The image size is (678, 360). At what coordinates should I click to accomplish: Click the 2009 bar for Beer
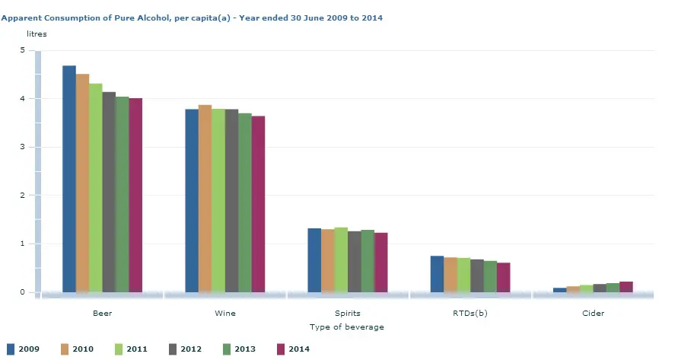(69, 179)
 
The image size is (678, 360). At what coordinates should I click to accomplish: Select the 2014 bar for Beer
(135, 195)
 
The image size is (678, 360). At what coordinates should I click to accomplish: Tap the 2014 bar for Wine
(258, 204)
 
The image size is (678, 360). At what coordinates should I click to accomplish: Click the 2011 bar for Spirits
(341, 260)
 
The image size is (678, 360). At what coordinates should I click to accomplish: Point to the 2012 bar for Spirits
(354, 262)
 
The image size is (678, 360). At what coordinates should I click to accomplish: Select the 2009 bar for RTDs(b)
(437, 274)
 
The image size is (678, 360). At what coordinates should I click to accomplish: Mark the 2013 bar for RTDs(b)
(490, 276)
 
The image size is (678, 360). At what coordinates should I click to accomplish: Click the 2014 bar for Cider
(625, 287)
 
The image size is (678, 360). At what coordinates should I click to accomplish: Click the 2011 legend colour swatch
(119, 349)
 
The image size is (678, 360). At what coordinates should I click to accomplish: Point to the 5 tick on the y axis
(22, 50)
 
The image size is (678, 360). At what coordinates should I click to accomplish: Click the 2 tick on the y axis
(22, 196)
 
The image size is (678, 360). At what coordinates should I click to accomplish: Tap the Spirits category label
(347, 313)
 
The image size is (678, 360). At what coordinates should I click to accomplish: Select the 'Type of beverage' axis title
(347, 327)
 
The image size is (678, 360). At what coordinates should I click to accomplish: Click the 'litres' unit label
(37, 34)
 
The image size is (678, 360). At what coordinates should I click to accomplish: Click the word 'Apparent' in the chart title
(19, 17)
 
